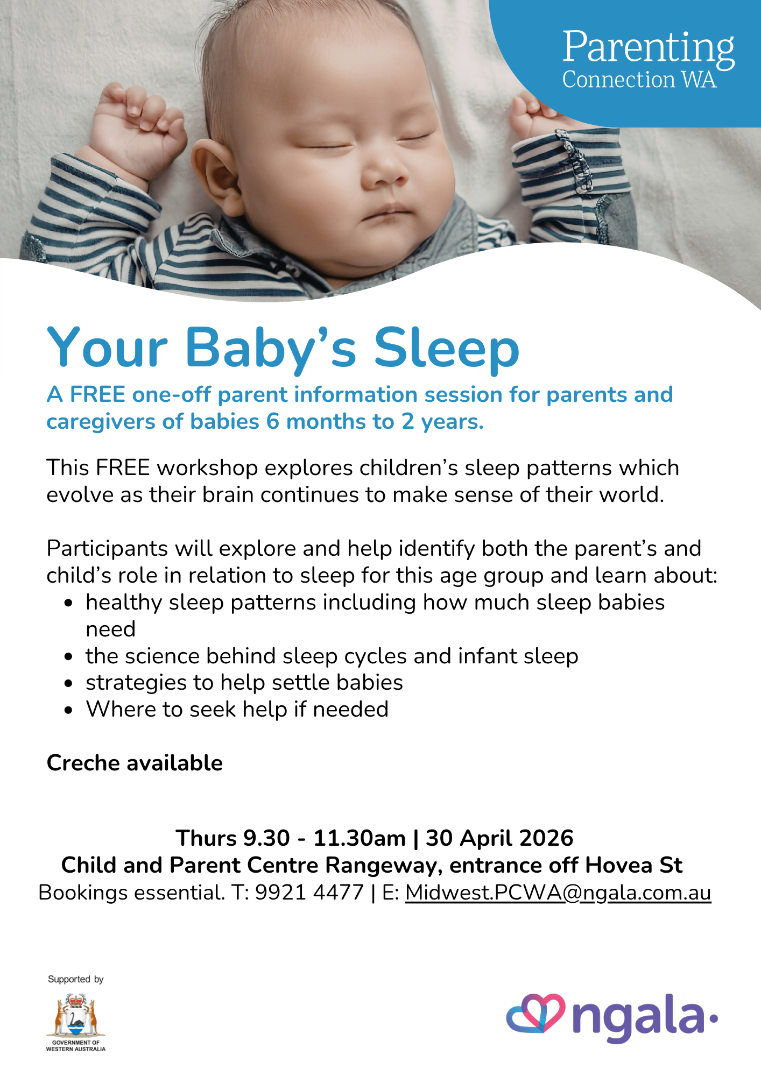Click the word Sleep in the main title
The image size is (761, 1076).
tap(447, 348)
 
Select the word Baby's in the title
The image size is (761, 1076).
tap(271, 349)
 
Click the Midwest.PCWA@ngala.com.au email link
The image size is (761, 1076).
tap(558, 893)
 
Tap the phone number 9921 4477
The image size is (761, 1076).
tap(309, 893)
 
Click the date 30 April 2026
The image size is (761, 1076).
tap(499, 838)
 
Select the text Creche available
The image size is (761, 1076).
tap(135, 763)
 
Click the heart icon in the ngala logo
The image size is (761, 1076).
tap(536, 1014)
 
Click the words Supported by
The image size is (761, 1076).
tap(75, 979)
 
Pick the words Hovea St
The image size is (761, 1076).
tap(633, 865)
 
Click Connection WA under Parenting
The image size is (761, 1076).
tap(639, 80)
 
